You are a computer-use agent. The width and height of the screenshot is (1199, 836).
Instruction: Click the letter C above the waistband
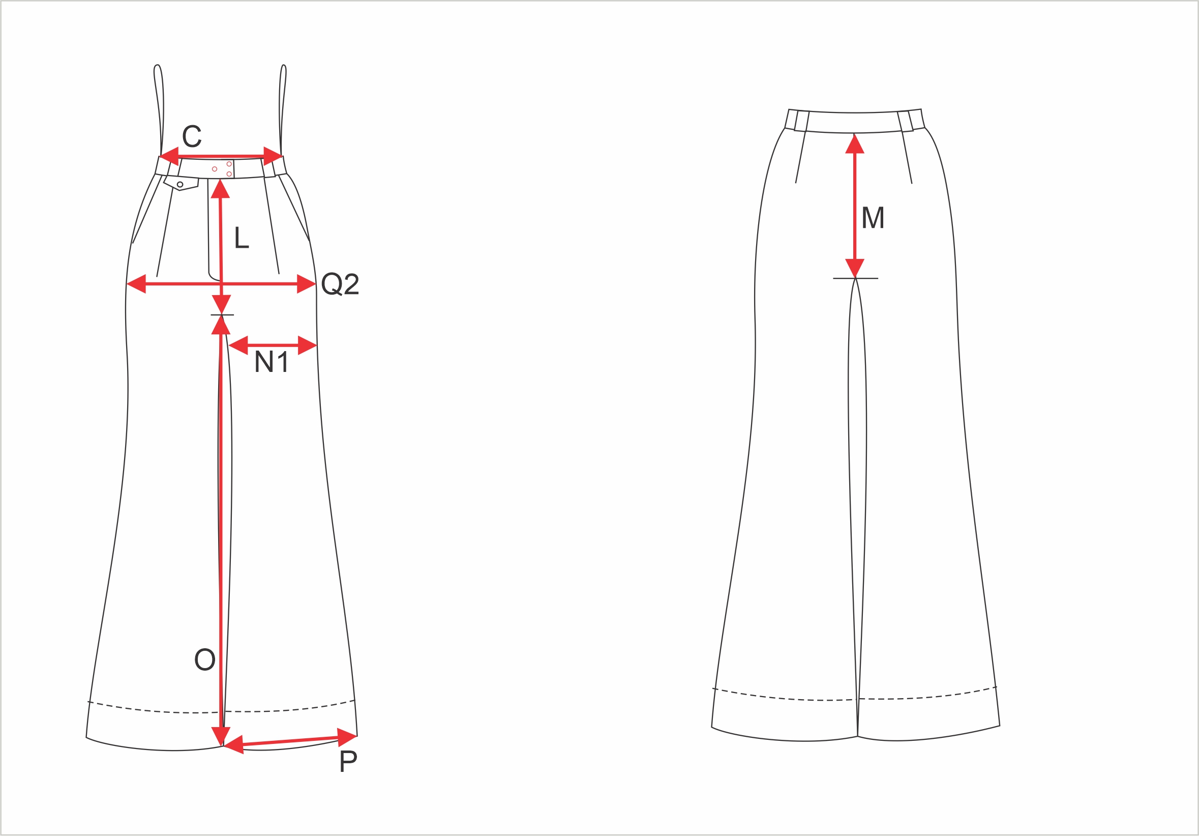click(192, 136)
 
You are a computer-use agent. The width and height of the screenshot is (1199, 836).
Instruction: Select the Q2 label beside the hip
click(340, 284)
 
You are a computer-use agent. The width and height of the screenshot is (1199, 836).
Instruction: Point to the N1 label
click(272, 362)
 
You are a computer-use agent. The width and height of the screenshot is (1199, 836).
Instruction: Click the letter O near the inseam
click(205, 660)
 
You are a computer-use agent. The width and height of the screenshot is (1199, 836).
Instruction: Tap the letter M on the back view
click(873, 218)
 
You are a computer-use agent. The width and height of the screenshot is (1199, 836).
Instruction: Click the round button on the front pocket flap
click(179, 184)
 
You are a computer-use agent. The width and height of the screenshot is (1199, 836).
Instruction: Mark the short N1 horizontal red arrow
click(273, 345)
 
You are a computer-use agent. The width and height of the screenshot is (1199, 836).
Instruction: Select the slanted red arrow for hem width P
click(290, 741)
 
